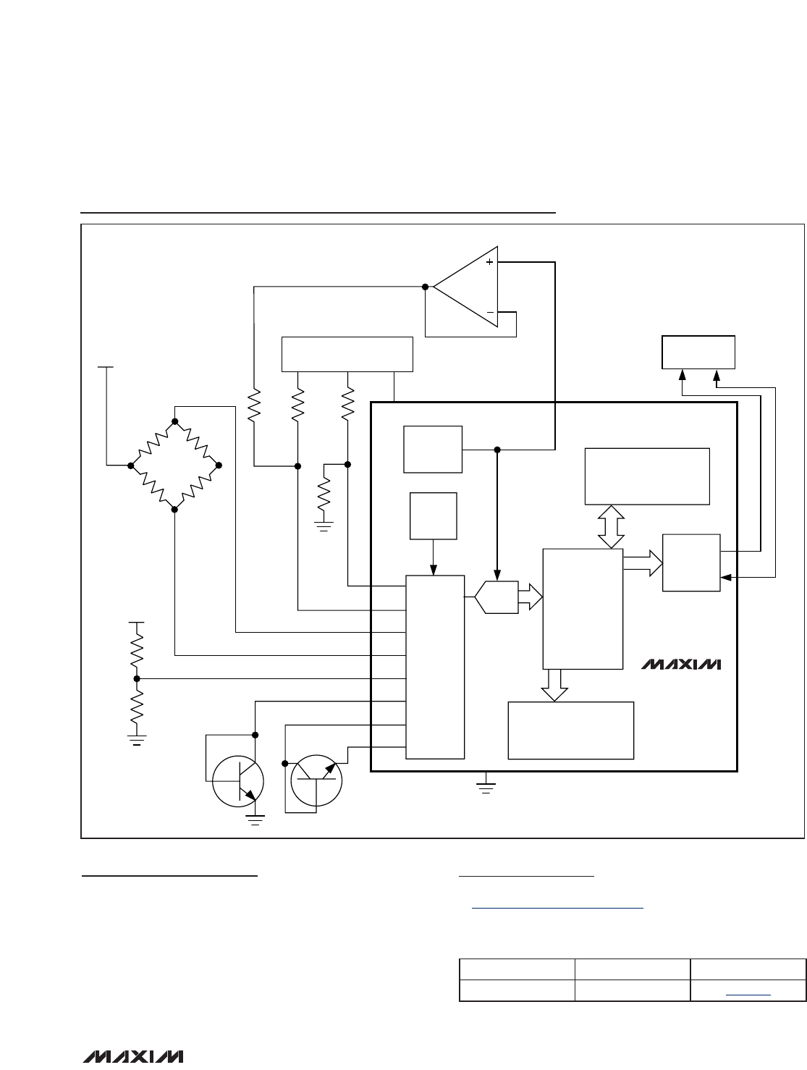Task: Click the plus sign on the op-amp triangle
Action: [x=489, y=262]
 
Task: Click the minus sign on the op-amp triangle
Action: [x=490, y=313]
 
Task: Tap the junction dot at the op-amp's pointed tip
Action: [x=425, y=287]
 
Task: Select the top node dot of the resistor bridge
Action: [x=175, y=421]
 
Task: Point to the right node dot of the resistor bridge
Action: [x=219, y=465]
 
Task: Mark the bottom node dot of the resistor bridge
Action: [x=174, y=510]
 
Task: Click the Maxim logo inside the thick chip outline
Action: [x=681, y=665]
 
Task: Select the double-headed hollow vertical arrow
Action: [x=611, y=527]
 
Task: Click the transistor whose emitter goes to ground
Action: [x=238, y=781]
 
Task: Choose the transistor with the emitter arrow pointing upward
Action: [x=316, y=780]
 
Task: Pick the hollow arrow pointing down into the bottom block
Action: [x=554, y=686]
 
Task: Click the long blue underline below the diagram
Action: [x=557, y=908]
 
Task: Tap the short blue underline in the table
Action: [x=748, y=995]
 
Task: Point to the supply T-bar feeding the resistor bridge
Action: [x=106, y=367]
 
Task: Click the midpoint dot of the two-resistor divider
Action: [x=137, y=678]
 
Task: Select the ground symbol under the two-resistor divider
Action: [x=137, y=741]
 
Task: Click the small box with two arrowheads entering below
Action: [x=698, y=353]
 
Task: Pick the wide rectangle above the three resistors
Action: [x=347, y=355]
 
